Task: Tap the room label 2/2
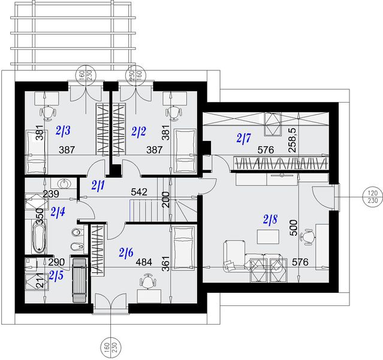coord(139,130)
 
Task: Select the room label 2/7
coord(243,139)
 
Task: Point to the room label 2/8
coord(270,220)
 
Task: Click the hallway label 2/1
coord(98,185)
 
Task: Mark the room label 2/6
coord(126,252)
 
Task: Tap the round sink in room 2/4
coord(62,184)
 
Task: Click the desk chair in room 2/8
coord(307,237)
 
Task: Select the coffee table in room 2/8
coord(268,237)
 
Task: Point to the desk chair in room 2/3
coord(47,112)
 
